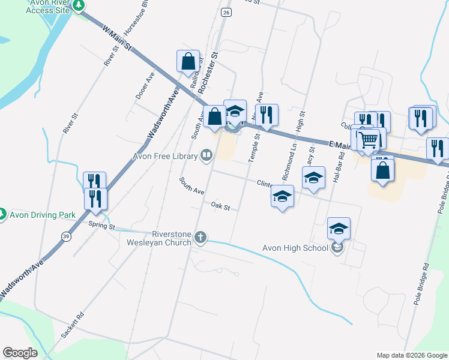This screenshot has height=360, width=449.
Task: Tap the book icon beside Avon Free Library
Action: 206,156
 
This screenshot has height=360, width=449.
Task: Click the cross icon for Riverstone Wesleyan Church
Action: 202,239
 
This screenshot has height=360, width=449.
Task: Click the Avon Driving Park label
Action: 40,214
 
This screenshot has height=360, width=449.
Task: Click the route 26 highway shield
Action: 225,11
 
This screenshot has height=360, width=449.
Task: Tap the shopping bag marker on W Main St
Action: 188,61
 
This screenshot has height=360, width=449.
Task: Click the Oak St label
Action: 221,206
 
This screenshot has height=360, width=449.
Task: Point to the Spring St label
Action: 101,226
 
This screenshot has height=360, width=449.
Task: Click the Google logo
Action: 20,353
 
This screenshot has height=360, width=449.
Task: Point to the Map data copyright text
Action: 412,355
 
